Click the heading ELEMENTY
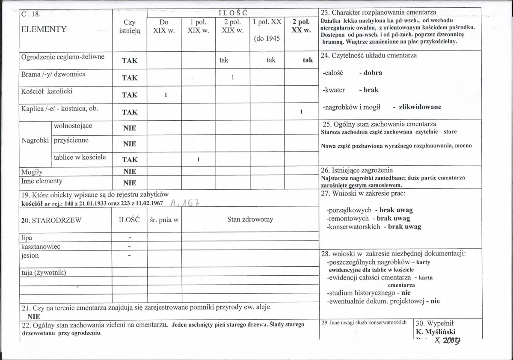(44, 30)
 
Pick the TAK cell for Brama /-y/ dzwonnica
(130, 78)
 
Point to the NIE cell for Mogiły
(130, 172)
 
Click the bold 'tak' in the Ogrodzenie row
(308, 60)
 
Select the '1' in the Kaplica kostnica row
(301, 112)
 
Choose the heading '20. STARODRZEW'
(51, 220)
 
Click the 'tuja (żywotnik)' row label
(44, 272)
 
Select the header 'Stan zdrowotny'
(250, 220)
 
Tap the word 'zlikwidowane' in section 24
(420, 107)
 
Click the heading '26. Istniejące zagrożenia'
(357, 170)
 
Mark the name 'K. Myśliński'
(436, 331)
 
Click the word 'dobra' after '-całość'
(373, 73)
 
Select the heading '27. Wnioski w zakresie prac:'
(363, 193)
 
